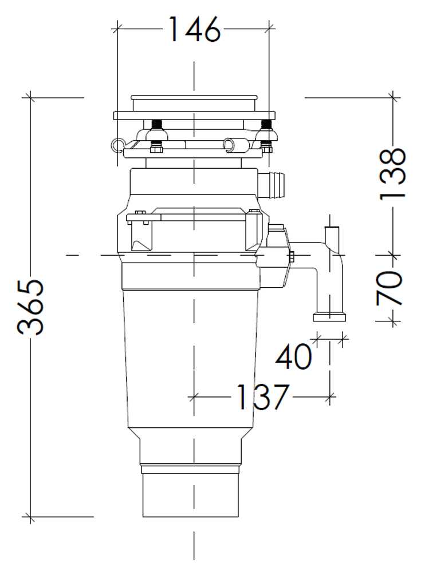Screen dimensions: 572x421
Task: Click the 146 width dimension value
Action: (194, 29)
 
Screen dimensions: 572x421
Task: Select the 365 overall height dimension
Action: (30, 307)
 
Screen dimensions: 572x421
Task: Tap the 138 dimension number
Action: (394, 173)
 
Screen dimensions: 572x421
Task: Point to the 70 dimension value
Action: (391, 288)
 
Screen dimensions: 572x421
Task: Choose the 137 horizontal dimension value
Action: (261, 396)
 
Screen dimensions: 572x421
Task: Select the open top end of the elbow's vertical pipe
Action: (332, 228)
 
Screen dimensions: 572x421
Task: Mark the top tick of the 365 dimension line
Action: (30, 98)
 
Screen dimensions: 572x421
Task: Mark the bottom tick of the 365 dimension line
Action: (30, 517)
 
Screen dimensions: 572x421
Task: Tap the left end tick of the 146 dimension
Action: (117, 26)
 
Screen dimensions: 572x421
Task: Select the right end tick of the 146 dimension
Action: (270, 26)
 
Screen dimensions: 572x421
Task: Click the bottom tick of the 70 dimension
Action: (393, 321)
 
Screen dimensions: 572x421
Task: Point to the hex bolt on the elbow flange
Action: (292, 257)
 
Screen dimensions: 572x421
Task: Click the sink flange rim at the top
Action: (194, 114)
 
